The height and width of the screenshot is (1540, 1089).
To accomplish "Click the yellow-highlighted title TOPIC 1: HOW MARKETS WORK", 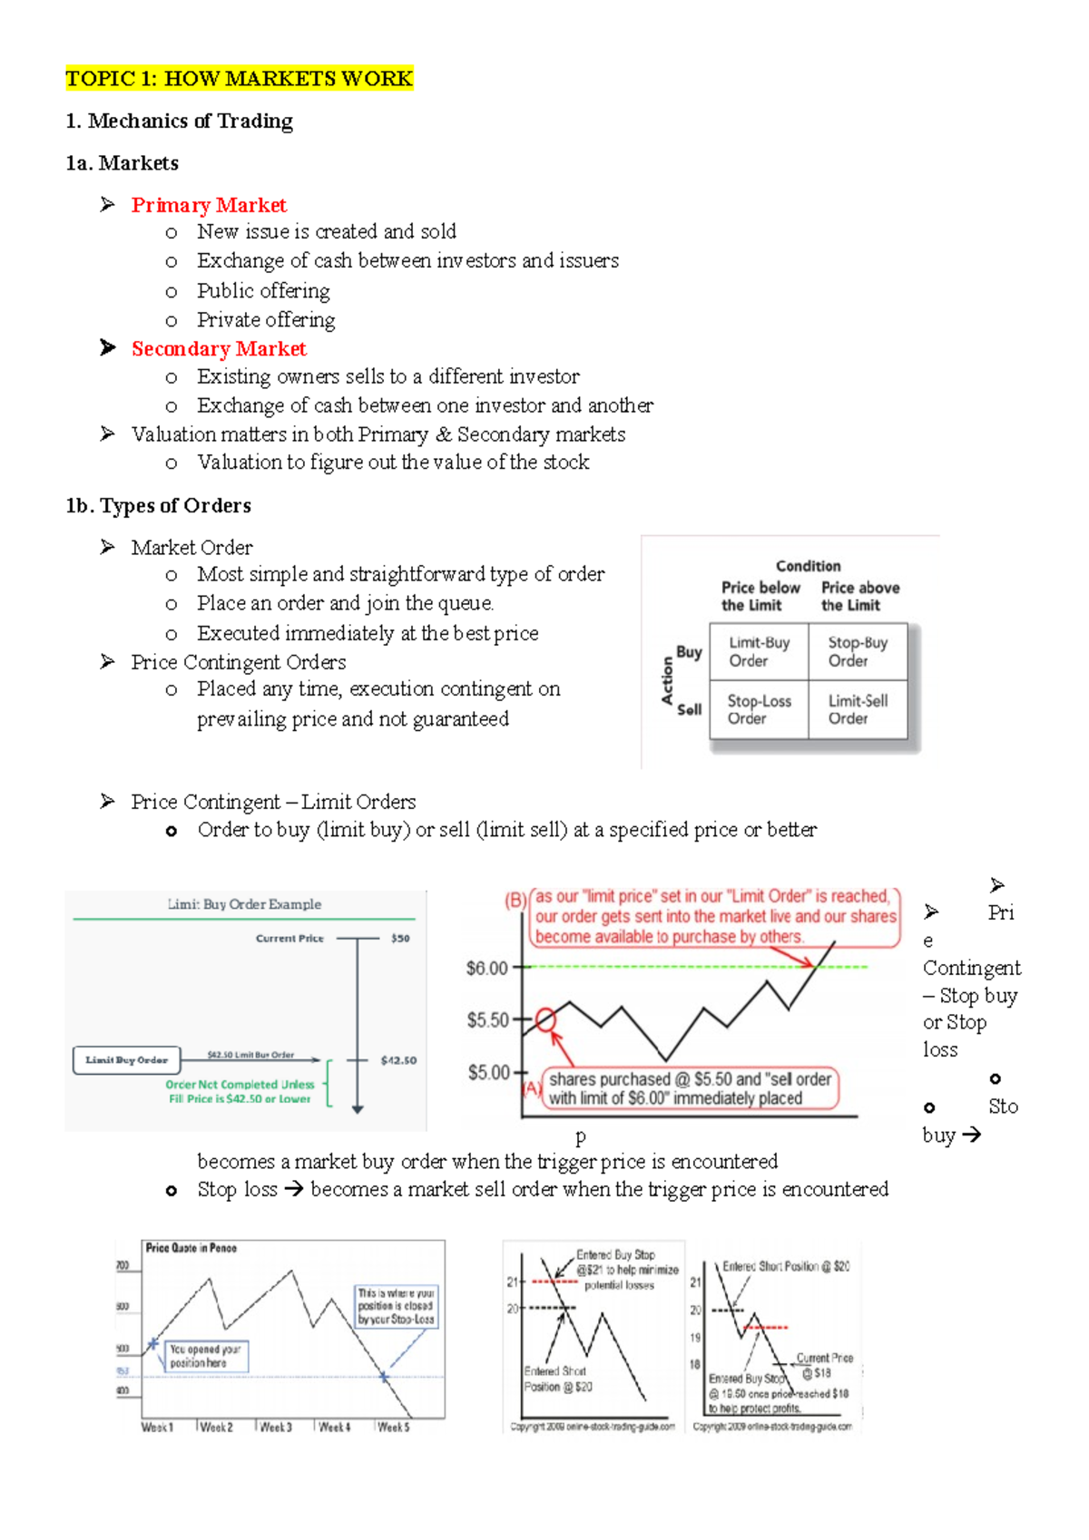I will click(x=239, y=79).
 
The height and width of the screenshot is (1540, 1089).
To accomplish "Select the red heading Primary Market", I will click(x=209, y=205).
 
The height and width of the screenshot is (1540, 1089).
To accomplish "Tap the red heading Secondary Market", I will click(x=219, y=349).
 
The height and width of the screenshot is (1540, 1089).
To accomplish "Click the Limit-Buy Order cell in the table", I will click(x=760, y=652).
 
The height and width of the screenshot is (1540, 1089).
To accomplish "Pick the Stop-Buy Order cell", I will click(x=858, y=652).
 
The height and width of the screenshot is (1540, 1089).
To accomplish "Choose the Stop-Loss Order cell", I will click(x=759, y=709).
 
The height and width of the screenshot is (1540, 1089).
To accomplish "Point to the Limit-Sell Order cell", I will click(x=858, y=709).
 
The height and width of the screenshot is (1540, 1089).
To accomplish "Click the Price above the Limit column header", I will click(x=859, y=597).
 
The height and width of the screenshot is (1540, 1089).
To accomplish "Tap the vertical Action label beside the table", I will click(x=668, y=681).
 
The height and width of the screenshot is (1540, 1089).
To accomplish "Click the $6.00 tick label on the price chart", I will click(x=487, y=969).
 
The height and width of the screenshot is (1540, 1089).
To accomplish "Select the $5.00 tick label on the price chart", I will click(x=489, y=1073).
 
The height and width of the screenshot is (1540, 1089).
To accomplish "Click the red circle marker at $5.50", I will click(x=545, y=1019).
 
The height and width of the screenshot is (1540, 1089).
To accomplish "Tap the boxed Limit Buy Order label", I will click(x=127, y=1060).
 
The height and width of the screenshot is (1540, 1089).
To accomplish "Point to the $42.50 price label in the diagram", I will click(x=398, y=1060).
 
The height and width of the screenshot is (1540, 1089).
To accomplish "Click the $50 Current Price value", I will click(x=400, y=939).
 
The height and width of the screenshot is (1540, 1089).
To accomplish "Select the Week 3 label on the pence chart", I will click(x=275, y=1428).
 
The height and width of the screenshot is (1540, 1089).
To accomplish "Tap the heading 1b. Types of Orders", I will click(x=159, y=506).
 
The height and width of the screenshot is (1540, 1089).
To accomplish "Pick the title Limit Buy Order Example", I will click(x=244, y=904).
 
